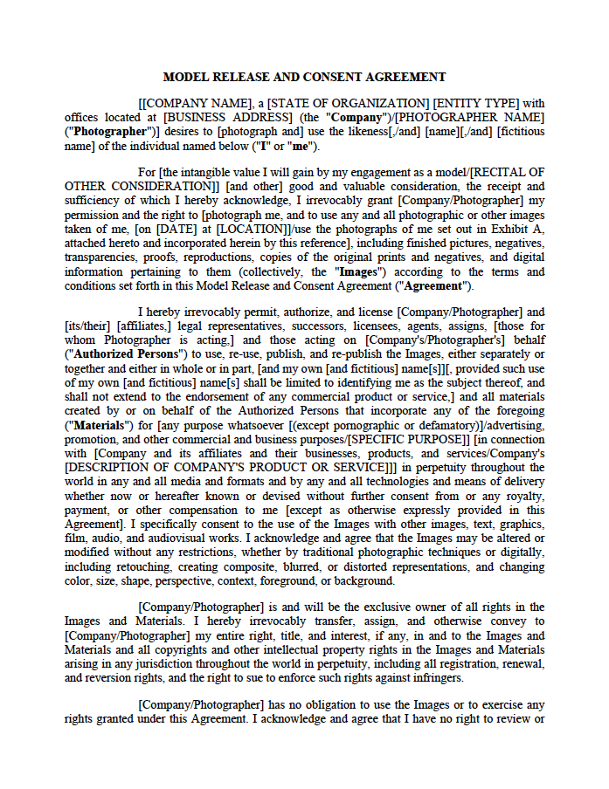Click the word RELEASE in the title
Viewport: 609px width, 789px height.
point(235,77)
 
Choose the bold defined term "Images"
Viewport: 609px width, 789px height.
point(358,271)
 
